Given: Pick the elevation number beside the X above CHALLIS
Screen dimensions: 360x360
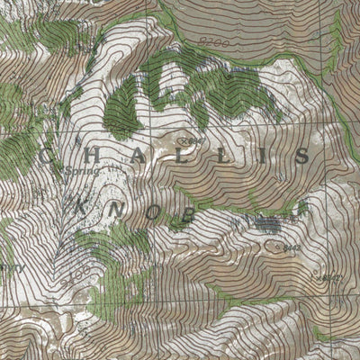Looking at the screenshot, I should point(189,141).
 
